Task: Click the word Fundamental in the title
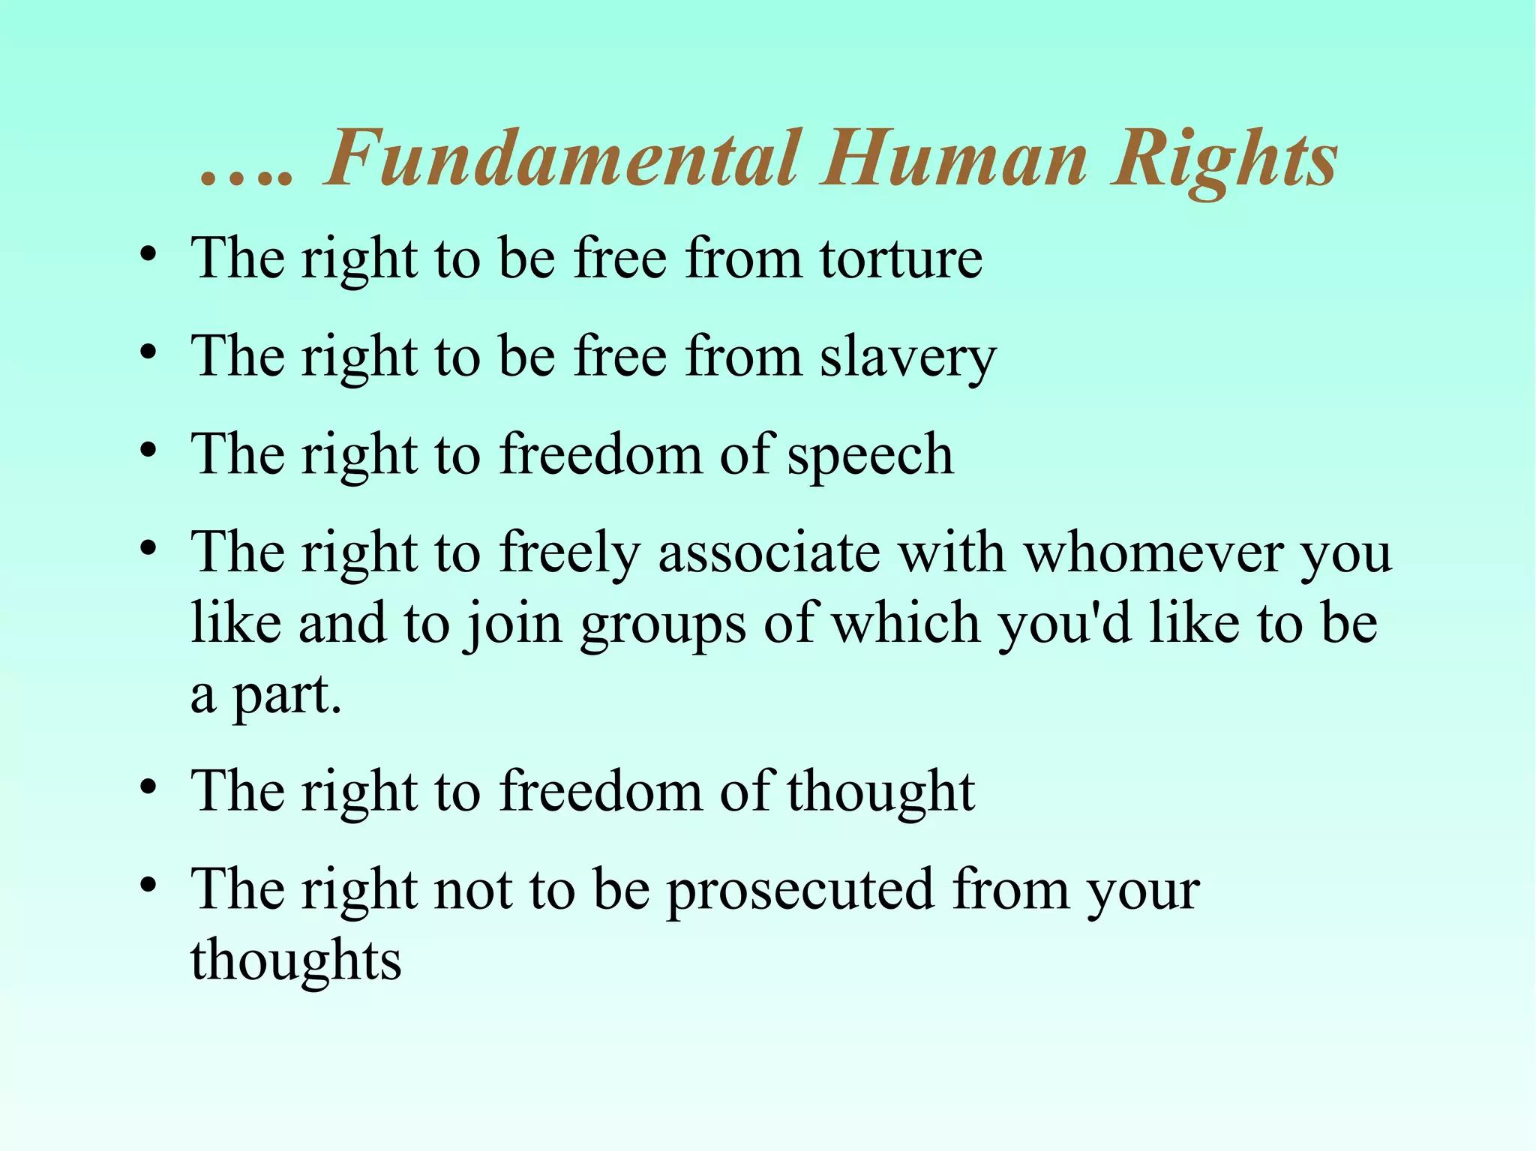561,159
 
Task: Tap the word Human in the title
953,159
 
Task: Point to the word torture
901,259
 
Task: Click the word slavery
907,358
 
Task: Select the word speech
870,456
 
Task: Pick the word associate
769,553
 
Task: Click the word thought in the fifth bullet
880,792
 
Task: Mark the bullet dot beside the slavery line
148,352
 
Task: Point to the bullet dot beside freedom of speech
148,451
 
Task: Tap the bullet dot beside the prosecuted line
148,886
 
